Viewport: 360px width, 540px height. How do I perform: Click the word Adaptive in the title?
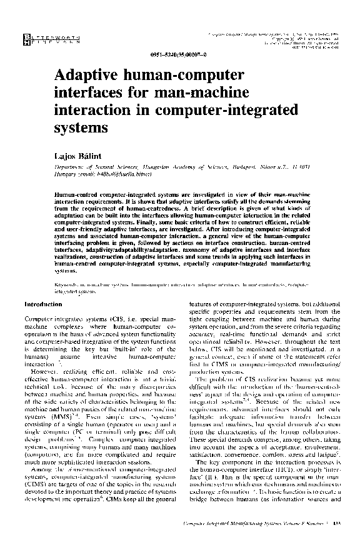pyautogui.click(x=87, y=76)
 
